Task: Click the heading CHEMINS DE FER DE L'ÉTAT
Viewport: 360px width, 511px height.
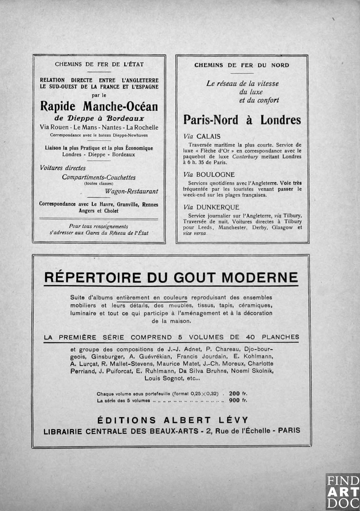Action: pos(99,64)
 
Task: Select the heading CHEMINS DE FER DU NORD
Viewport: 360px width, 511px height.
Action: pos(242,65)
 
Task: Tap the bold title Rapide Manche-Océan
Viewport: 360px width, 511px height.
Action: pos(99,106)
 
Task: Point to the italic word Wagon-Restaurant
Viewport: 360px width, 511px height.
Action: pos(132,191)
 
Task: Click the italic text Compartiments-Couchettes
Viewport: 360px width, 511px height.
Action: pos(99,177)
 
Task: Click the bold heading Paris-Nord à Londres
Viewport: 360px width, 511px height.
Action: pos(242,120)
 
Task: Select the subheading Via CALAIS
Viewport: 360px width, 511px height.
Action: pos(202,136)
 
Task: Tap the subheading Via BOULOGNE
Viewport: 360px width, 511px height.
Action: pos(209,175)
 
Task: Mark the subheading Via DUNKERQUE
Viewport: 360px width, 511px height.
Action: pos(211,207)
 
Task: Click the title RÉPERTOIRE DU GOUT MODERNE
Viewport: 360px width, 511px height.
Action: pos(171,278)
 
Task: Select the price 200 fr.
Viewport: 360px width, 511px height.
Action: pos(238,394)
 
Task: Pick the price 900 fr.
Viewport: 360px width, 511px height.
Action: pos(238,400)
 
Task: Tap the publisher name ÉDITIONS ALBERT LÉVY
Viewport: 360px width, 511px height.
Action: pos(173,420)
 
